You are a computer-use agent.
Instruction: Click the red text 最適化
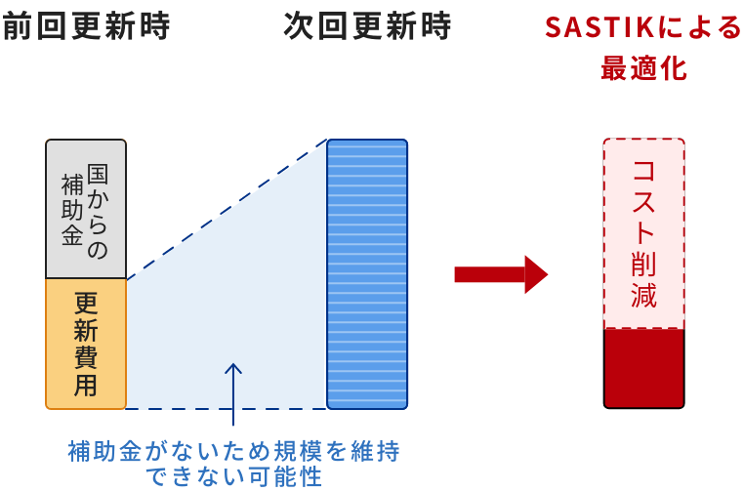tap(643, 69)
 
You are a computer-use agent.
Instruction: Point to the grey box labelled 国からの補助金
tap(86, 208)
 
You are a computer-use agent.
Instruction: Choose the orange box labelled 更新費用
tap(86, 344)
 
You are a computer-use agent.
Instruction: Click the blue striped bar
tap(367, 273)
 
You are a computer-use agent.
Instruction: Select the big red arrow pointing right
tap(501, 274)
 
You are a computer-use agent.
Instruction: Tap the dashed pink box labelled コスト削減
tap(643, 234)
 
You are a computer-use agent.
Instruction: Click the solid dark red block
tap(643, 368)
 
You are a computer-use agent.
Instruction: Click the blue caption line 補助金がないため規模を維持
tap(233, 451)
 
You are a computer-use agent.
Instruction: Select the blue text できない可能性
tap(233, 477)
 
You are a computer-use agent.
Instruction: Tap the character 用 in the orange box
tap(86, 385)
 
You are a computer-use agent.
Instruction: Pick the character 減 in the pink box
tap(643, 295)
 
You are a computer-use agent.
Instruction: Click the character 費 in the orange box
tap(86, 357)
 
